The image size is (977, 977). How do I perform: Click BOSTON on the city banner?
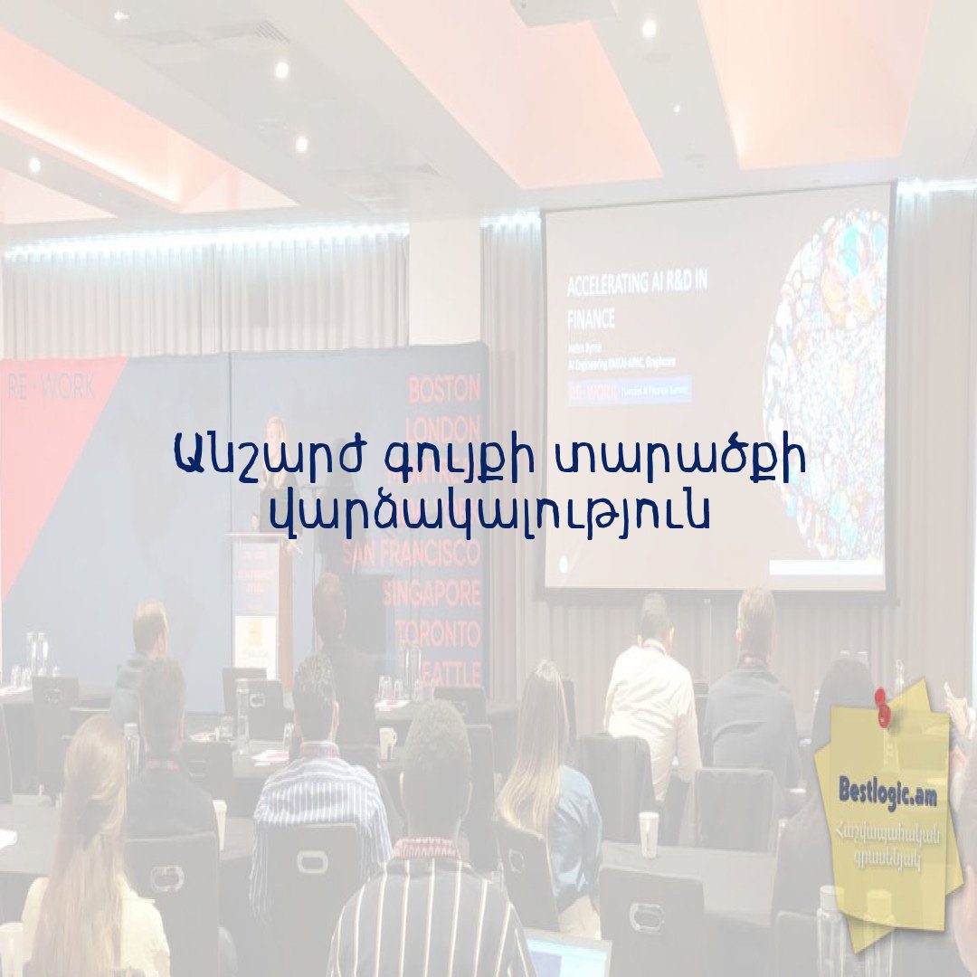click(444, 391)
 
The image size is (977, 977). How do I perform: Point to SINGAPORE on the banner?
click(432, 594)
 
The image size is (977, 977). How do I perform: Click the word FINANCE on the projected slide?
click(592, 318)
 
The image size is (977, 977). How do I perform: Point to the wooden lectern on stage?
click(259, 597)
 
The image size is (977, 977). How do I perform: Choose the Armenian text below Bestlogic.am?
click(892, 846)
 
